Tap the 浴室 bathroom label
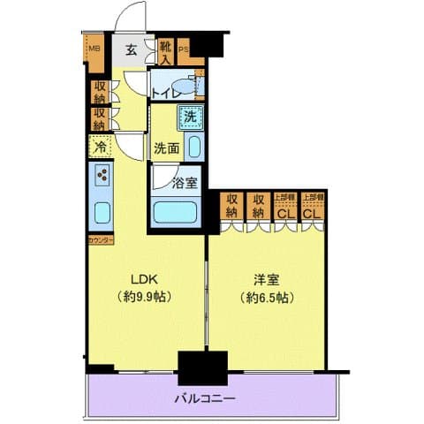[185, 184]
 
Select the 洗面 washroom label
[166, 148]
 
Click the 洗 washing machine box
[190, 115]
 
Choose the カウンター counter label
[99, 239]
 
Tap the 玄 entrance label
[131, 49]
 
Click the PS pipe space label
[184, 49]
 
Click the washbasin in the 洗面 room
[194, 148]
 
